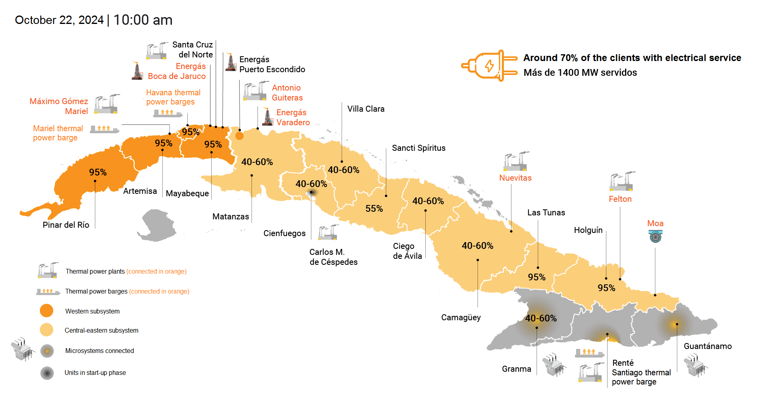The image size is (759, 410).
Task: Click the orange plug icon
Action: [x=489, y=66]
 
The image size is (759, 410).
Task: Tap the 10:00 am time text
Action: [x=143, y=20]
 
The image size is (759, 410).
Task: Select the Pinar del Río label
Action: [x=66, y=225]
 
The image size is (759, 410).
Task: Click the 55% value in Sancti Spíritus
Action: [x=374, y=209]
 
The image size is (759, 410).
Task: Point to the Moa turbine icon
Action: [x=655, y=237]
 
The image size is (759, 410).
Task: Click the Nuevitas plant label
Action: [x=515, y=178]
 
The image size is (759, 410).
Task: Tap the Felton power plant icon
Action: [x=622, y=181]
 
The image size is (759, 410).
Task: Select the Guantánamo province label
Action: [x=708, y=346]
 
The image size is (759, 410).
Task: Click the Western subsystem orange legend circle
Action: [x=47, y=311]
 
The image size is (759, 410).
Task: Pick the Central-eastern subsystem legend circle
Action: [x=47, y=330]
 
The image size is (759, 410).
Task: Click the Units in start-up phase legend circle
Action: [x=47, y=373]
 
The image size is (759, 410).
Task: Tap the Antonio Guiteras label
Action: [x=287, y=93]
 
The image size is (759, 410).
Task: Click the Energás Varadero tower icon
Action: [x=267, y=117]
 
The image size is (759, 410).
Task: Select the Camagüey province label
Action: [x=461, y=317]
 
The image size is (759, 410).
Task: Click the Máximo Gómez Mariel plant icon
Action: [x=106, y=104]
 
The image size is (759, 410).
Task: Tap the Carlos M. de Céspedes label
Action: [x=333, y=257]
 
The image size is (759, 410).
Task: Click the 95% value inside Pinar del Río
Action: [x=98, y=172]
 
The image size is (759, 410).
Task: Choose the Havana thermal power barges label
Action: [x=173, y=97]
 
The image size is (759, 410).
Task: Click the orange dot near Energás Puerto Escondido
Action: [x=239, y=136]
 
